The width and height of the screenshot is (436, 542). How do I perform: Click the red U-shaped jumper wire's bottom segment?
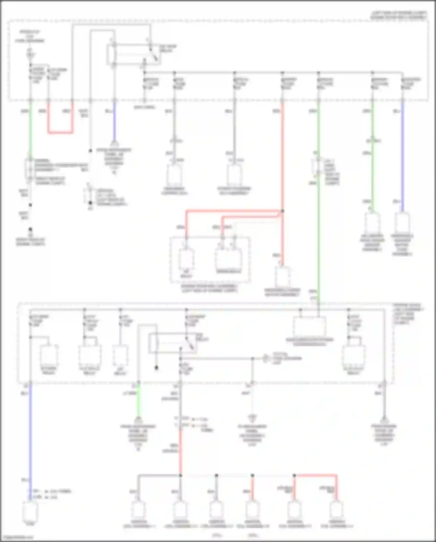point(60,133)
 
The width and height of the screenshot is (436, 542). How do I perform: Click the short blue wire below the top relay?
point(114,122)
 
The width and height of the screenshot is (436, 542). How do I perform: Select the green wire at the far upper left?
point(30,128)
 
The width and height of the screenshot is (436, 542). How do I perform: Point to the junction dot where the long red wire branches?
point(282,211)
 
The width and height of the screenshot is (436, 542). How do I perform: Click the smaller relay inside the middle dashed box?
point(186,259)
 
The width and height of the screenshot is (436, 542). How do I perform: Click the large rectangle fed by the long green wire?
point(309,326)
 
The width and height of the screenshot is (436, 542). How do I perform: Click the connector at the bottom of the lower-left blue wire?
point(30,512)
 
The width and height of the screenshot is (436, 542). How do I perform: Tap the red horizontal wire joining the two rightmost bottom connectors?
point(316,475)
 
